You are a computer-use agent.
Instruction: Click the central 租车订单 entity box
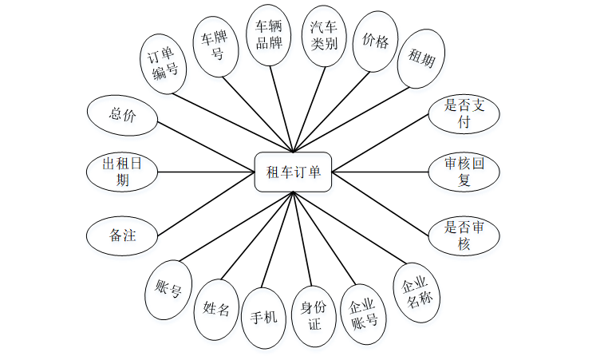(293, 171)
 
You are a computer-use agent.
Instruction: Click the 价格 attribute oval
(375, 42)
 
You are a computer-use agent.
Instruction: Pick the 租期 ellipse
(421, 57)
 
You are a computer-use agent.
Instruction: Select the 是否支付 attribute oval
(464, 114)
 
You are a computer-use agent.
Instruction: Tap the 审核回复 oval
(464, 171)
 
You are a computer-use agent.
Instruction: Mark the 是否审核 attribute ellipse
(464, 234)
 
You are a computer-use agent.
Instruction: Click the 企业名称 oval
(416, 293)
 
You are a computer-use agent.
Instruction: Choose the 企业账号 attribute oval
(363, 313)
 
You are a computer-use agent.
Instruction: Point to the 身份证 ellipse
(314, 317)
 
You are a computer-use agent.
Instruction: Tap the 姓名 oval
(216, 309)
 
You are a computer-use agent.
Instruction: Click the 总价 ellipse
(122, 114)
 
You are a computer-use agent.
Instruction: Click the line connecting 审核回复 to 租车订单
(380, 171)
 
